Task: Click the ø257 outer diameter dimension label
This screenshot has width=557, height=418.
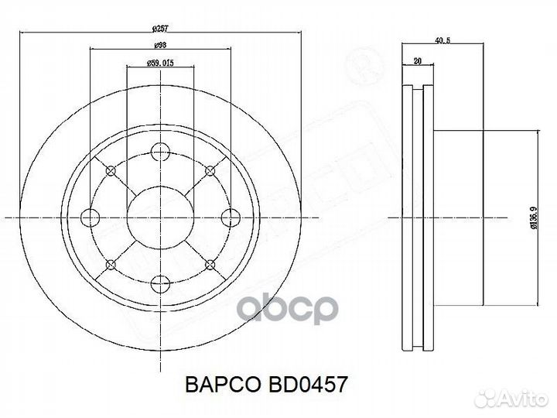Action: coord(161,29)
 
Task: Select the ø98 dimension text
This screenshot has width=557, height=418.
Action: coord(160,46)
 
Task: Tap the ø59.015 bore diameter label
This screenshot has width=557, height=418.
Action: coord(160,63)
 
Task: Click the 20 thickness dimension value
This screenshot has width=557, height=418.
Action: coord(418,60)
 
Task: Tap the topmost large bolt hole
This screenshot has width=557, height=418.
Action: coord(160,152)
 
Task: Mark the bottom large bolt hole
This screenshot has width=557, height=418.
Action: coord(160,283)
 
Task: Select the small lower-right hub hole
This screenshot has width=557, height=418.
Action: coord(210,266)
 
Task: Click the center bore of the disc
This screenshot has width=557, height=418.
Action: coord(160,218)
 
